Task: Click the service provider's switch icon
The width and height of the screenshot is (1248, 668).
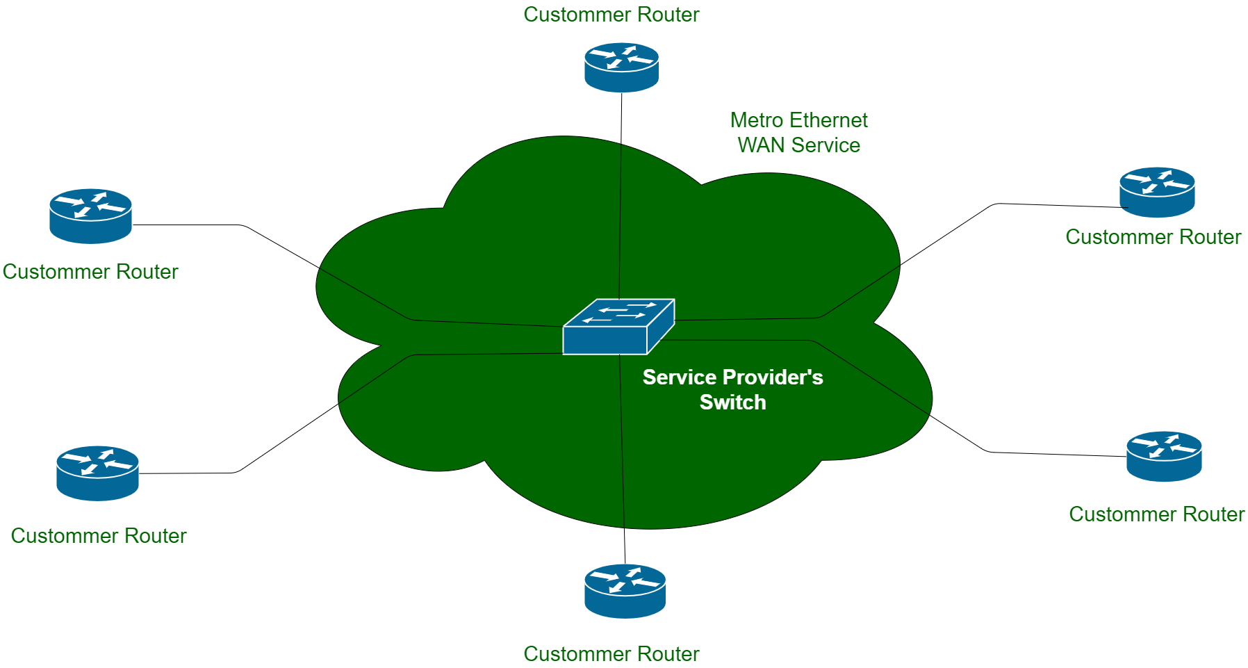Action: click(618, 327)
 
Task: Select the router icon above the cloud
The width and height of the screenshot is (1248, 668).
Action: click(621, 67)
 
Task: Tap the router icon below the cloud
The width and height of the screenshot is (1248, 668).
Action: click(625, 591)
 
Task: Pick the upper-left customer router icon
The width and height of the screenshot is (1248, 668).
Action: click(90, 215)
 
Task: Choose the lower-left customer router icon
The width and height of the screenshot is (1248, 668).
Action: click(97, 473)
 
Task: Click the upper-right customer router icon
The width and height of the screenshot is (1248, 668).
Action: click(1157, 192)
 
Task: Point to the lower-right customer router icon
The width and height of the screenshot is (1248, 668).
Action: click(1164, 456)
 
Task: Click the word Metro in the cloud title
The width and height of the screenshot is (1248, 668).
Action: click(756, 120)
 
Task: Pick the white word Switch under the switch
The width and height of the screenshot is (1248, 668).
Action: click(732, 402)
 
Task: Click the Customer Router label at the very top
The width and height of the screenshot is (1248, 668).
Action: click(611, 15)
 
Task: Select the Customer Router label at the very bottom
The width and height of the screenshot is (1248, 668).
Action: click(611, 654)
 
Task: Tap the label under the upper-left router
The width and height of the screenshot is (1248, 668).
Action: click(90, 272)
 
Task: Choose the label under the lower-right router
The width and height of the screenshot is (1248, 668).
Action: click(1157, 514)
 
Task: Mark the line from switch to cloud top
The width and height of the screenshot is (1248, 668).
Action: click(620, 222)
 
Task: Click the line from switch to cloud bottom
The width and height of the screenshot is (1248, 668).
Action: click(622, 445)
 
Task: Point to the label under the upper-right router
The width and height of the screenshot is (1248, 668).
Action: click(1153, 237)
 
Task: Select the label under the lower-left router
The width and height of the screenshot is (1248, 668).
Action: click(99, 536)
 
